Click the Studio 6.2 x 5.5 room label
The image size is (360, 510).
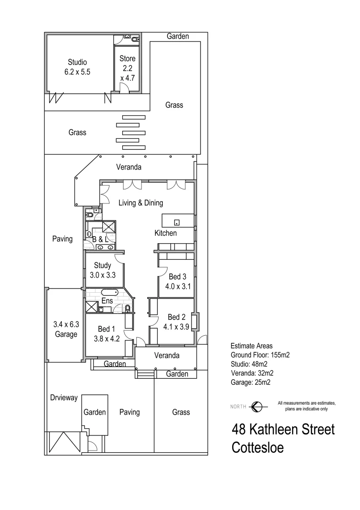(x=77, y=67)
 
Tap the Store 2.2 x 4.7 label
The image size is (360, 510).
(x=127, y=68)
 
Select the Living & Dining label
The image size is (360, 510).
(x=141, y=203)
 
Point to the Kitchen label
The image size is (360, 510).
(x=166, y=233)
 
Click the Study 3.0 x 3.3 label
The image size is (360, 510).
(x=102, y=270)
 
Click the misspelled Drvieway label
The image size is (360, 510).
(x=64, y=398)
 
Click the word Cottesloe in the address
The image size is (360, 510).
(x=258, y=447)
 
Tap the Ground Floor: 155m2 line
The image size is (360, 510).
(x=259, y=355)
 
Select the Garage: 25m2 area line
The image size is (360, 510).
(x=250, y=382)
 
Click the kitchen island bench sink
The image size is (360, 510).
(x=177, y=222)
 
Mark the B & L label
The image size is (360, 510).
(x=102, y=239)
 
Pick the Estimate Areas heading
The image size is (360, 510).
(x=251, y=346)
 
